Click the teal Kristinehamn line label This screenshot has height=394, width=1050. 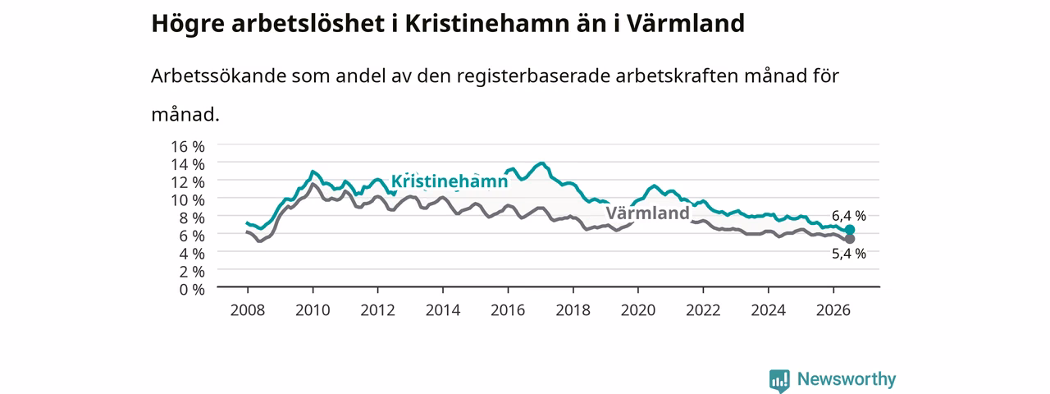pos(449,181)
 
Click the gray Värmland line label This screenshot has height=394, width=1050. pos(647,213)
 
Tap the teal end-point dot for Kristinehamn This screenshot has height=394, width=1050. pos(849,230)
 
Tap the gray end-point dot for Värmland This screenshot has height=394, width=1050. pos(849,239)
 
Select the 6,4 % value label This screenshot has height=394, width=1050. pos(849,216)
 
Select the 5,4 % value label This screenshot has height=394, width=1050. pos(849,254)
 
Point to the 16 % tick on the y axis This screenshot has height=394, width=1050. pos(188,147)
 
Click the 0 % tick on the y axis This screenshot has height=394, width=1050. pos(192,290)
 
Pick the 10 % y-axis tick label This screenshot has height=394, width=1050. pos(188,200)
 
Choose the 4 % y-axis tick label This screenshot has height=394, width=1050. pos(192,254)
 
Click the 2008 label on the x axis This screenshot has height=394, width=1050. pos(248,310)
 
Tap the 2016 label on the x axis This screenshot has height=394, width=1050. pos(508,310)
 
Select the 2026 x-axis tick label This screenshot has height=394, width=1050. pos(833,310)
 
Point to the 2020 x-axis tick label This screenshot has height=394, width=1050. pos(638,310)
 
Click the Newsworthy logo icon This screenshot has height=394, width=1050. pos(779,380)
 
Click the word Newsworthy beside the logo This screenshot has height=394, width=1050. pos(847,379)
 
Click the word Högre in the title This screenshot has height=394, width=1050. pos(188,24)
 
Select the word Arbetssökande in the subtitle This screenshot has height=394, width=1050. pos(218,76)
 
